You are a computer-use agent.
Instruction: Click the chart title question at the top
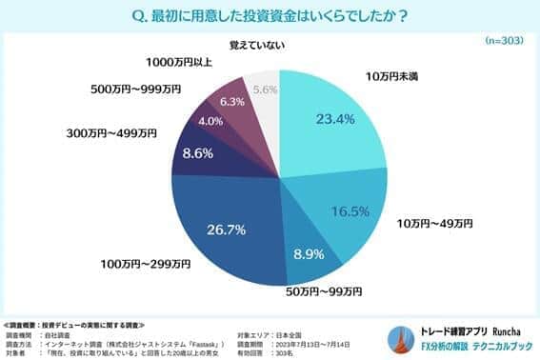coord(270,15)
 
